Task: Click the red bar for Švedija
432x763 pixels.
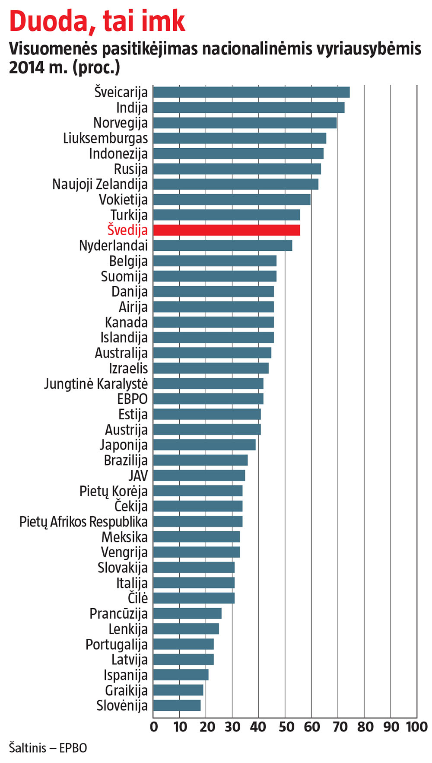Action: [226, 230]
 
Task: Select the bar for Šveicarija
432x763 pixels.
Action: [251, 93]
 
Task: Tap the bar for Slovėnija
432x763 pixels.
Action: [177, 706]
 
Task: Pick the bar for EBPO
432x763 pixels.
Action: [208, 399]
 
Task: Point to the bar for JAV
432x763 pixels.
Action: [199, 476]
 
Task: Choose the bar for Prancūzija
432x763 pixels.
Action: [187, 613]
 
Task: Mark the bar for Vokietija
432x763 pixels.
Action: [232, 200]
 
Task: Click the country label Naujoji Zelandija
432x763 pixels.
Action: [100, 185]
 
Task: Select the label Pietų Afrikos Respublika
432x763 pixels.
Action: [83, 522]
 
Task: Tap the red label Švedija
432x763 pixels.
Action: [127, 230]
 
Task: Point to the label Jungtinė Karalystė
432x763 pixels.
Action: [96, 384]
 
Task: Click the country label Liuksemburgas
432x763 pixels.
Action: [105, 138]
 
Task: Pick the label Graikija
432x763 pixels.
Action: [126, 690]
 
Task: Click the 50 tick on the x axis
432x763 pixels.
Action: [286, 727]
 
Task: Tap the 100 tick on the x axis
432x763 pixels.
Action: [416, 727]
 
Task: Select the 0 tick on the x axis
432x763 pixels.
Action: [154, 727]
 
